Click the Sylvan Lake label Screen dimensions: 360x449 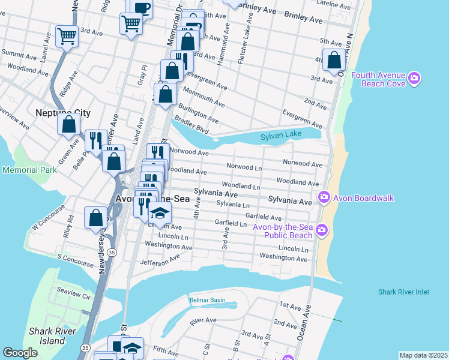pos(280,137)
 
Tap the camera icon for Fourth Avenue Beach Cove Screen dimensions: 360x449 pos(414,79)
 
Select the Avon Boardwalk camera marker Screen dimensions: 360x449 pos(324,197)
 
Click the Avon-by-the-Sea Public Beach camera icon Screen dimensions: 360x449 pos(322,230)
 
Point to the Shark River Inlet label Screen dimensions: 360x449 pos(403,292)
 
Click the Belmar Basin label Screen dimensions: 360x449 pos(207,299)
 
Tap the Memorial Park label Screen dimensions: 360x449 pos(29,170)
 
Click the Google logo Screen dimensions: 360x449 pos(20,353)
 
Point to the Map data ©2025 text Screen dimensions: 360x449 pos(423,355)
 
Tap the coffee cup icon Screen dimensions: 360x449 pos(142,8)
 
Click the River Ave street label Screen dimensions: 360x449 pos(202,322)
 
